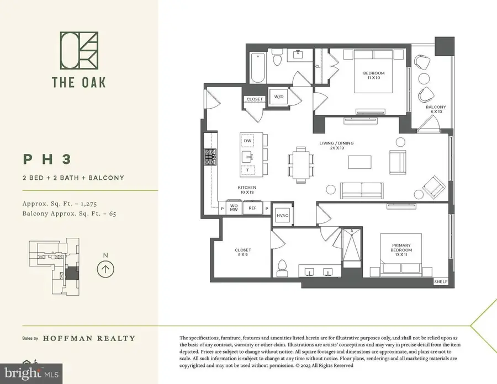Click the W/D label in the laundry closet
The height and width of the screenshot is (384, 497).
pyautogui.click(x=278, y=97)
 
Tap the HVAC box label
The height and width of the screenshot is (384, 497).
pyautogui.click(x=282, y=215)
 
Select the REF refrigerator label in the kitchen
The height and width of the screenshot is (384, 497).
pyautogui.click(x=252, y=208)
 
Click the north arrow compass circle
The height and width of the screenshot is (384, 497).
pyautogui.click(x=104, y=270)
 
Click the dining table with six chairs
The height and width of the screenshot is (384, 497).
pyautogui.click(x=301, y=164)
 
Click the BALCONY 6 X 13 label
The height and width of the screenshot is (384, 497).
pyautogui.click(x=435, y=109)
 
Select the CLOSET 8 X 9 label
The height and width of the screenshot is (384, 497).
pyautogui.click(x=242, y=252)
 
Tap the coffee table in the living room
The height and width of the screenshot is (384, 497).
pyautogui.click(x=359, y=162)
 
